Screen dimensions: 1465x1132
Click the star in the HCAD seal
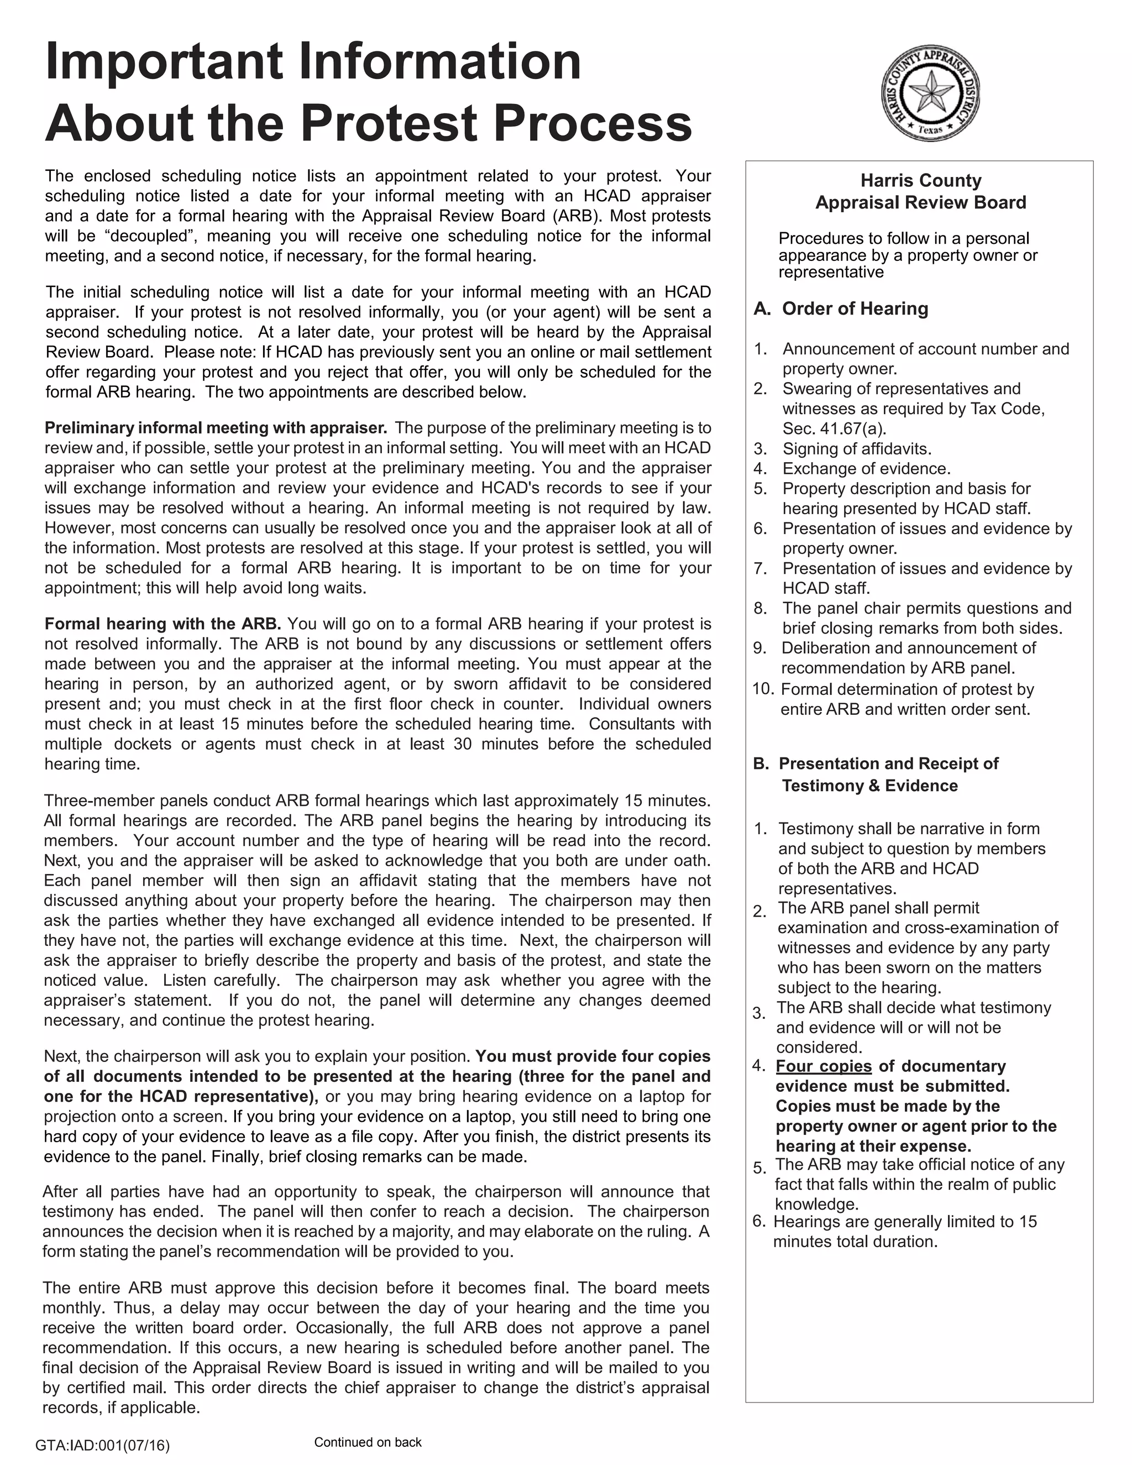pyautogui.click(x=930, y=92)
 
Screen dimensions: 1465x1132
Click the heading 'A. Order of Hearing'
pyautogui.click(x=841, y=308)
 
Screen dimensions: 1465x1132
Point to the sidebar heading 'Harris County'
pyautogui.click(x=921, y=180)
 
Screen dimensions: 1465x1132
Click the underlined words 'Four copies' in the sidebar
pyautogui.click(x=824, y=1066)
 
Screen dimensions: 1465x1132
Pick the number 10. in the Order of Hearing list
pyautogui.click(x=763, y=689)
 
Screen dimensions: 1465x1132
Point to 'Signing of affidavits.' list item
pyautogui.click(x=856, y=449)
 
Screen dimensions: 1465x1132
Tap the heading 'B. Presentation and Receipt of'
pyautogui.click(x=876, y=763)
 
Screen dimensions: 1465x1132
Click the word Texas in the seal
pyautogui.click(x=930, y=129)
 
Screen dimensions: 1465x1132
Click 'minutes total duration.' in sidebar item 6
pyautogui.click(x=855, y=1242)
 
